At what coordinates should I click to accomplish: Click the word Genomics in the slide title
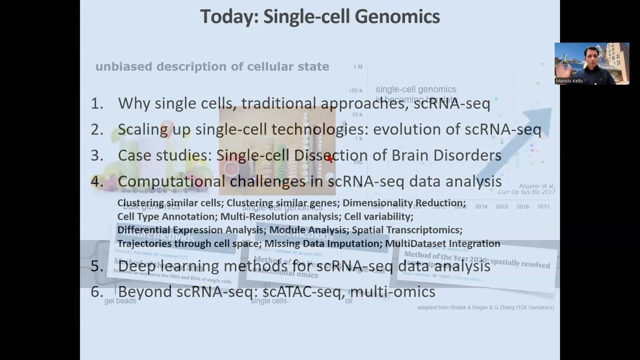[x=397, y=16]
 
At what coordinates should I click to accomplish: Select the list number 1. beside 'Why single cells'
[x=97, y=103]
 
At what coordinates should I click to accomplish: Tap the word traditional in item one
[x=278, y=103]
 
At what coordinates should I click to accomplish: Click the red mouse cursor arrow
[x=330, y=158]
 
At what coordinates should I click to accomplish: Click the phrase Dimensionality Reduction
[x=404, y=203]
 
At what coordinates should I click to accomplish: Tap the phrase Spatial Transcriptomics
[x=407, y=230]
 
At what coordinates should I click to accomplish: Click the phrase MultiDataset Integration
[x=442, y=243]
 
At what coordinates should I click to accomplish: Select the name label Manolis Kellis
[x=569, y=81]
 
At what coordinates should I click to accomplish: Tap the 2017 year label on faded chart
[x=543, y=206]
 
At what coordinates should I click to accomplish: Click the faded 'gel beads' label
[x=120, y=301]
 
